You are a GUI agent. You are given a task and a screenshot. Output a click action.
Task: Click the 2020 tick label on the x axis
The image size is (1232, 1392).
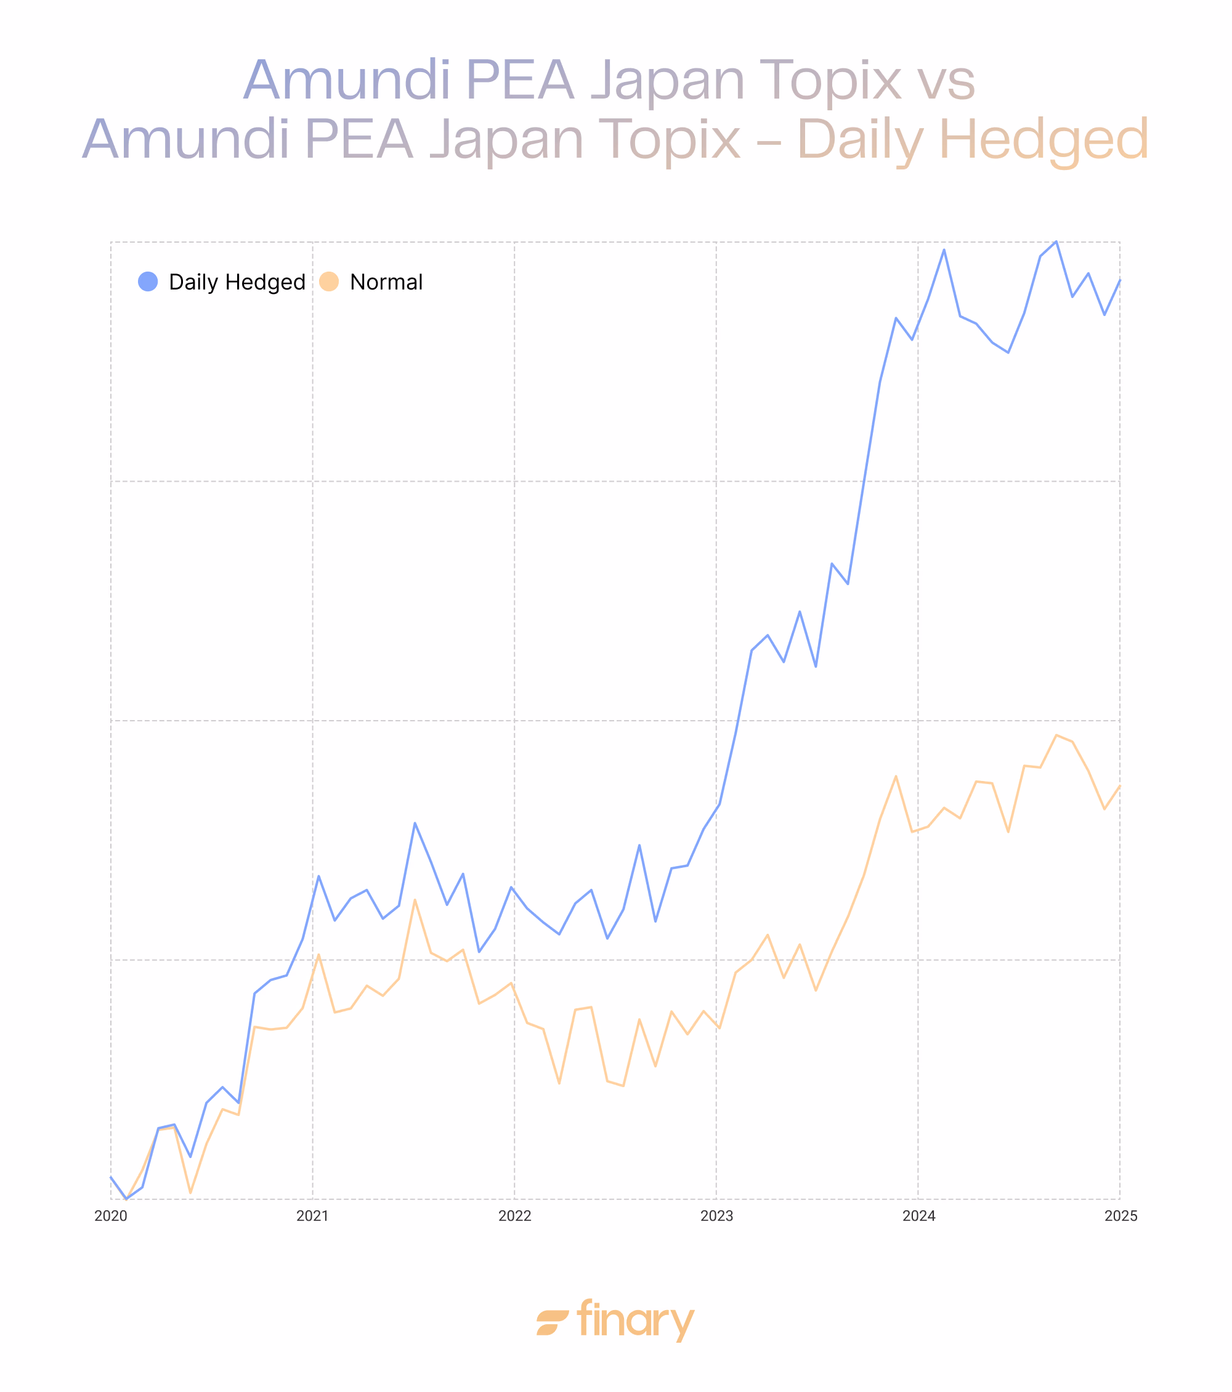coord(110,1216)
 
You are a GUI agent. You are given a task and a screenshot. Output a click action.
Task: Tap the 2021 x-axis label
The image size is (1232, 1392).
coord(312,1216)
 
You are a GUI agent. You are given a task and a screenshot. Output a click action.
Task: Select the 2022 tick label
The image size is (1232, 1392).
coord(514,1216)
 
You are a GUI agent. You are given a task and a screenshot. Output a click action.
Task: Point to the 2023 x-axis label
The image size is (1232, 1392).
coord(716,1216)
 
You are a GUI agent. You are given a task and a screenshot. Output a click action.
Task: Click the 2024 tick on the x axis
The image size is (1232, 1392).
coord(918,1216)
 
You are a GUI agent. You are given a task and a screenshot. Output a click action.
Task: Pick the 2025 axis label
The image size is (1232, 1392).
coord(1121,1216)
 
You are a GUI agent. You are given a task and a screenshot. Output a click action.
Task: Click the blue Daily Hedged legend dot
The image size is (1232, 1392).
coord(148,281)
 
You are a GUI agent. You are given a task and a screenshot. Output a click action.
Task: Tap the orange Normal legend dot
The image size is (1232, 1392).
coord(329,281)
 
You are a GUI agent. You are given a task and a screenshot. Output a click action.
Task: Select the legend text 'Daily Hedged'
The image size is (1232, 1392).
coord(237,282)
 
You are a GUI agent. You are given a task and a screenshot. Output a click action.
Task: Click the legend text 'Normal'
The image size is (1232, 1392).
coord(386,282)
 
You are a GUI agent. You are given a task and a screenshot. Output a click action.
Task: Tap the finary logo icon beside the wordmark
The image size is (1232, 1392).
coord(553,1322)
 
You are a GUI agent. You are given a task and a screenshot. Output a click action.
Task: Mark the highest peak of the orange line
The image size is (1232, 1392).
coord(1056,735)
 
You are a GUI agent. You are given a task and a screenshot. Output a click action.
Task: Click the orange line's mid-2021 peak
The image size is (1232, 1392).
coord(415,900)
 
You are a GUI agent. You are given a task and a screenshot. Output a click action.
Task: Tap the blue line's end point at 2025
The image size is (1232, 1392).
coord(1120,280)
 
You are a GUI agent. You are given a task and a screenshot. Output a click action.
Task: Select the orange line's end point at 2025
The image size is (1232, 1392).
coord(1120,786)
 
